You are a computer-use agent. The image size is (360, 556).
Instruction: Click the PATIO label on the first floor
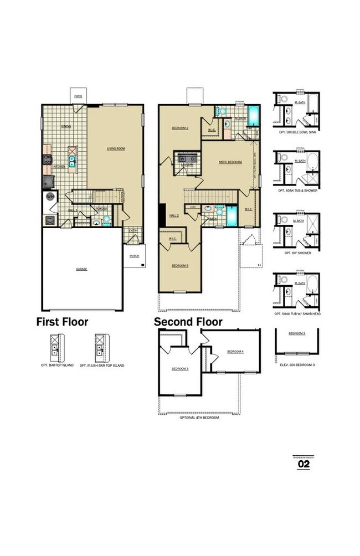tap(78, 96)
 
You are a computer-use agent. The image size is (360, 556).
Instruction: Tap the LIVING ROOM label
tap(115, 148)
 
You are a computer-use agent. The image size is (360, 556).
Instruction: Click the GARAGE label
tap(81, 269)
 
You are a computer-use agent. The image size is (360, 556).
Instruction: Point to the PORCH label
tap(134, 256)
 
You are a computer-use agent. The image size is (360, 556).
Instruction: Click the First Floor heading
tap(62, 322)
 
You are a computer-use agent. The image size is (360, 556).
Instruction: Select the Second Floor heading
tap(188, 322)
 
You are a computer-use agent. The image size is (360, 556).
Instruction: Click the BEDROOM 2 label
tap(180, 128)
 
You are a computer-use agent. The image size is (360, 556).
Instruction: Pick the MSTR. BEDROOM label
tap(231, 162)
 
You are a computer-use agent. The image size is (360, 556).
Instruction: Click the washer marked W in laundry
tap(182, 158)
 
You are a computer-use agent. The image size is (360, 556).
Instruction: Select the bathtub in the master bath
tap(254, 117)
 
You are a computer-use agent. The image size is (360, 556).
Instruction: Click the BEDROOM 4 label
tap(235, 352)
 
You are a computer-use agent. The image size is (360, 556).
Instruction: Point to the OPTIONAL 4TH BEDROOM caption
tap(199, 418)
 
